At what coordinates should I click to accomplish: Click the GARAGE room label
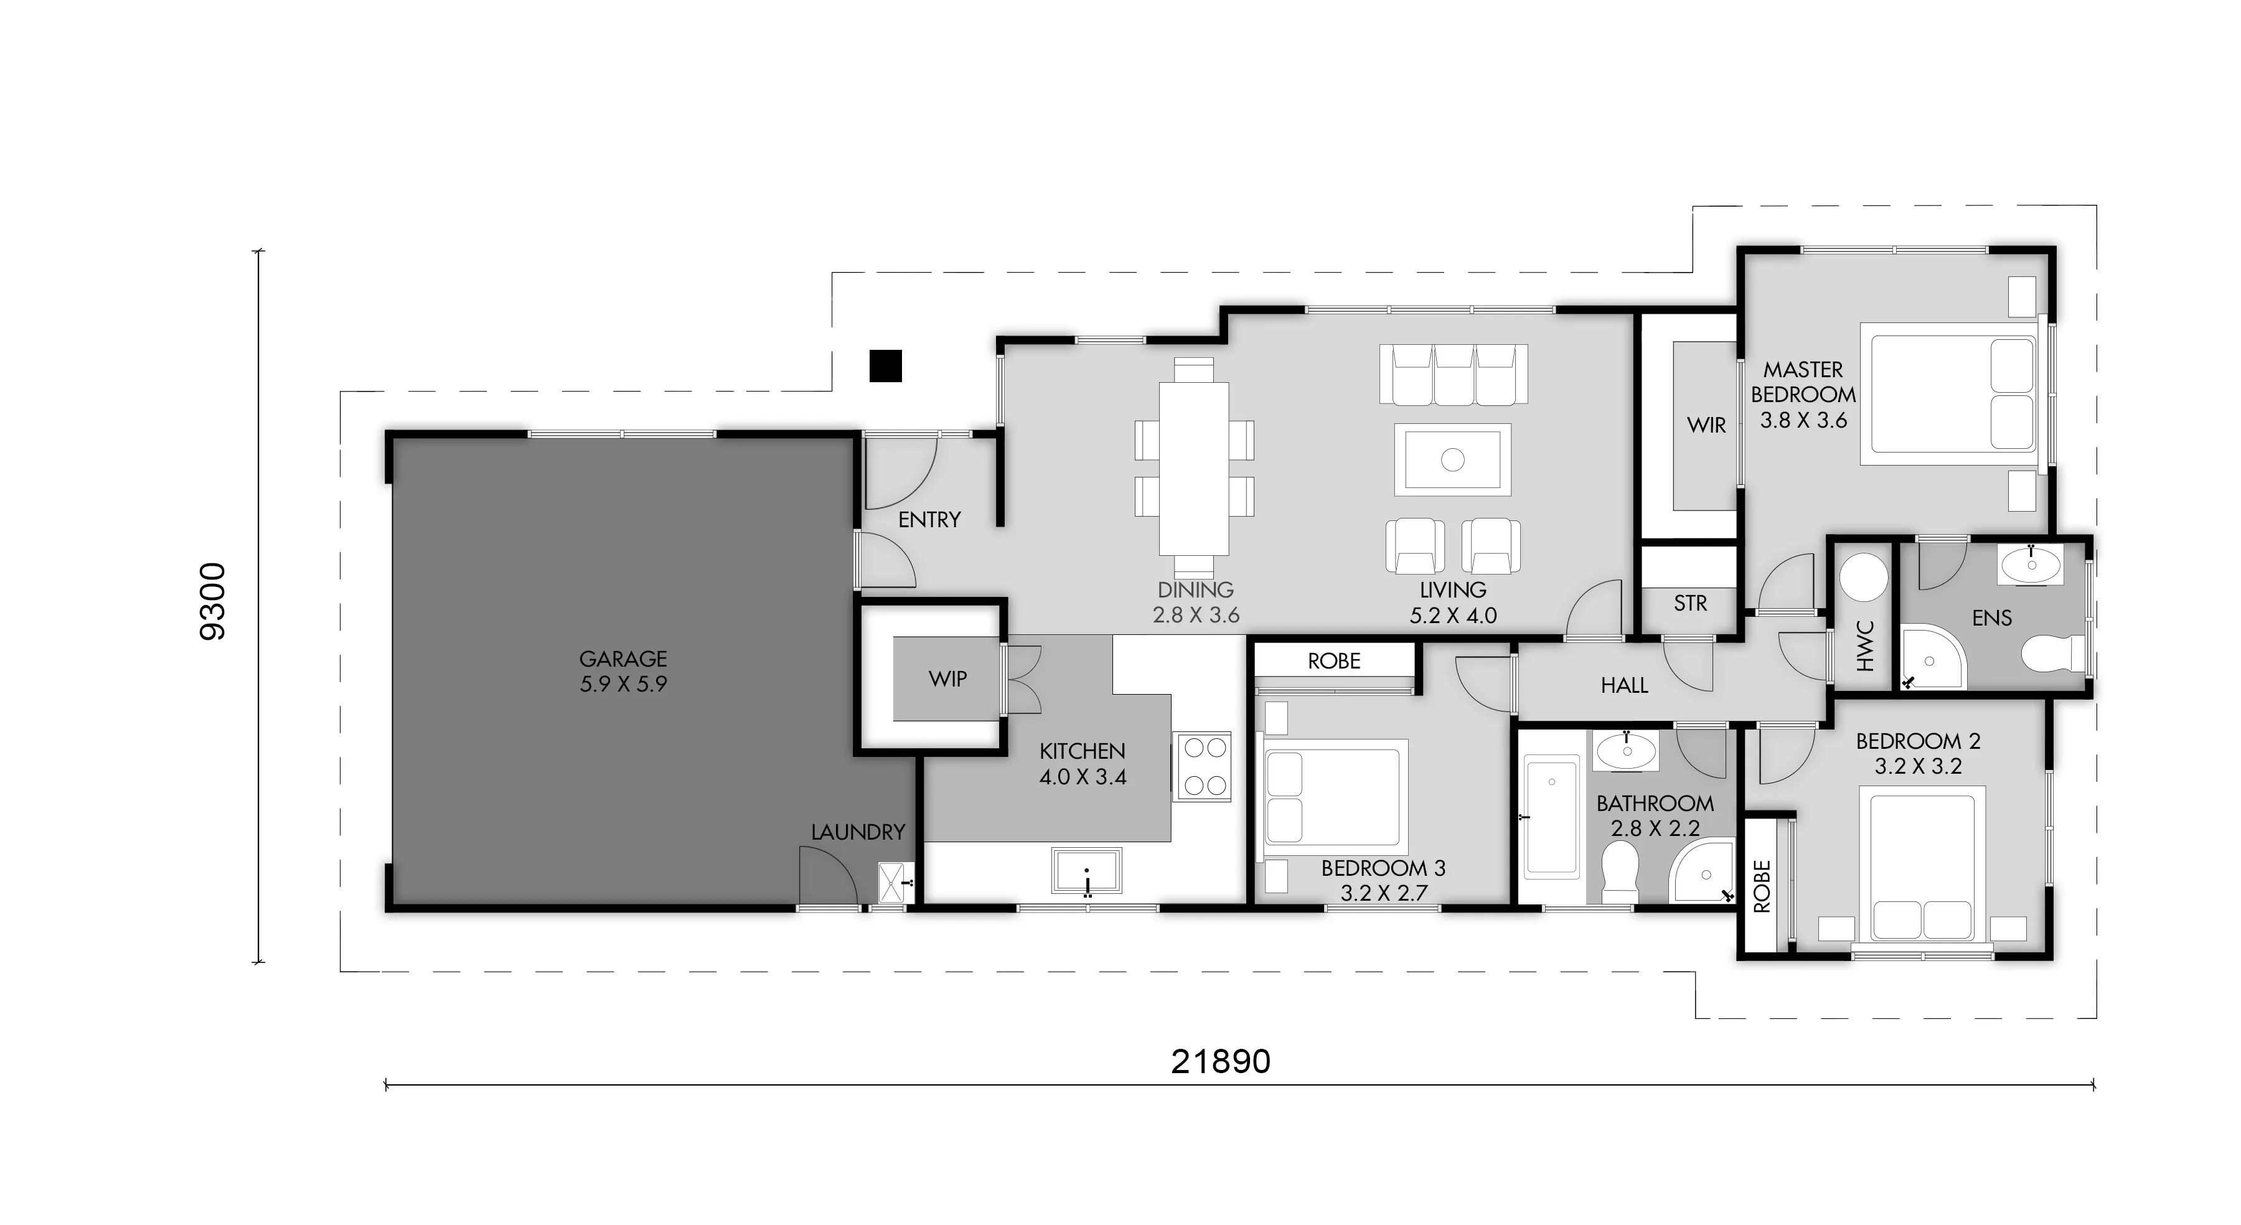point(623,659)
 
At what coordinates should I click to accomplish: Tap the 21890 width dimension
point(1221,1061)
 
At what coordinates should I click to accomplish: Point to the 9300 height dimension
point(213,602)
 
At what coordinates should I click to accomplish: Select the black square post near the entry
point(886,365)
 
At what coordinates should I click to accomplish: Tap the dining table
point(1193,469)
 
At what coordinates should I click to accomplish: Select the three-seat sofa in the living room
point(1453,375)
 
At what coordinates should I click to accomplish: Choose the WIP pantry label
point(947,678)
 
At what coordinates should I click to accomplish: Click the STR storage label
point(1689,603)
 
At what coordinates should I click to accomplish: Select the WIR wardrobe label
point(1706,425)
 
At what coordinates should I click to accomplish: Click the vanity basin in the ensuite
point(2031,565)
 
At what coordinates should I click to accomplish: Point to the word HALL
point(1624,685)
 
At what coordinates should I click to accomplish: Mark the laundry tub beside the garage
point(895,882)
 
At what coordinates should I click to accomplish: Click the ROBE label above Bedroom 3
point(1333,661)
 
